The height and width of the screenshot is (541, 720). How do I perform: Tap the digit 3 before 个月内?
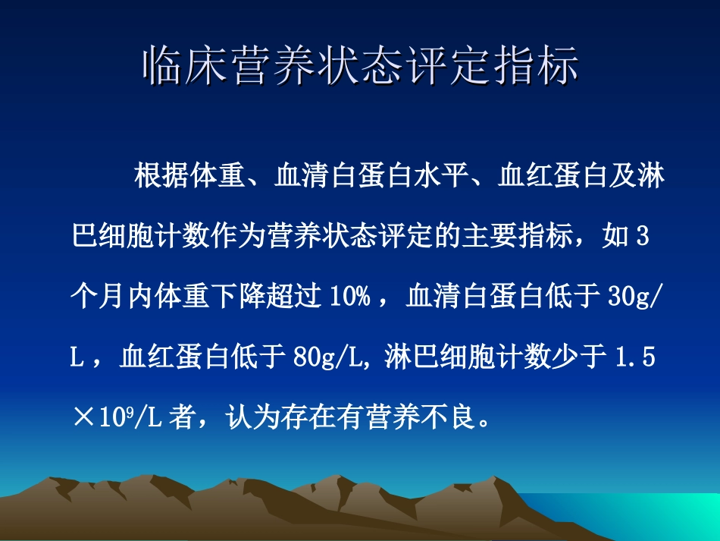(x=643, y=237)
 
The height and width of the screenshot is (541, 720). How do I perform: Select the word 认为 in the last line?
(x=251, y=417)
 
